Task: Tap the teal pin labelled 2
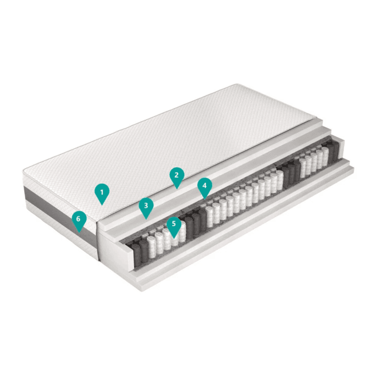[177, 177]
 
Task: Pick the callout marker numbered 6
[79, 221]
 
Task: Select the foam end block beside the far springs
[340, 149]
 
